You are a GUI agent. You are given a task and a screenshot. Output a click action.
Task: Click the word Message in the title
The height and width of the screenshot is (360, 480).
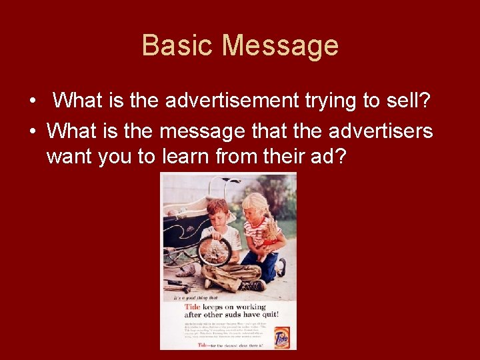[x=280, y=46]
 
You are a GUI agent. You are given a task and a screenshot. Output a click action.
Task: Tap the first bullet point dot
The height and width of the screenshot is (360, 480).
[x=32, y=101]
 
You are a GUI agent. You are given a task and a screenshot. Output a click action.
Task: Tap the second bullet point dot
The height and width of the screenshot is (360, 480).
[x=32, y=131]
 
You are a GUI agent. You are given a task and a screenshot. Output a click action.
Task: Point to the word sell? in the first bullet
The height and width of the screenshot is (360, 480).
[x=409, y=101]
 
